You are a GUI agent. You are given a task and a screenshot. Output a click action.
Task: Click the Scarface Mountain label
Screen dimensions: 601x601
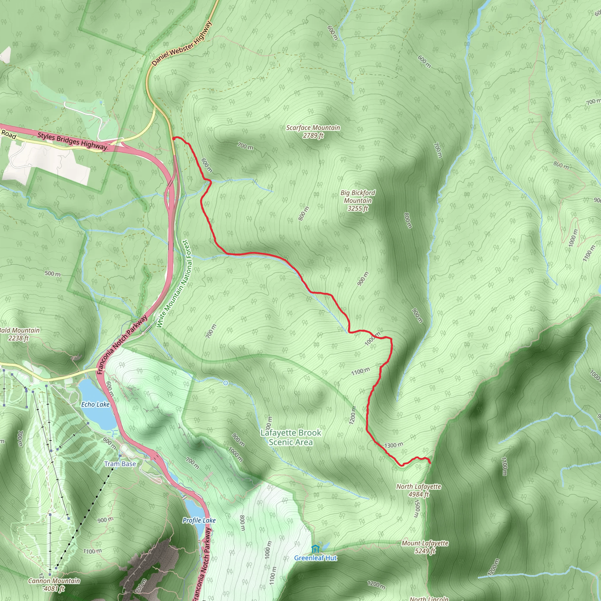(x=313, y=131)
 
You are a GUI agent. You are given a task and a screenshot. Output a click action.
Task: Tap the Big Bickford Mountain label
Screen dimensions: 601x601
(x=358, y=201)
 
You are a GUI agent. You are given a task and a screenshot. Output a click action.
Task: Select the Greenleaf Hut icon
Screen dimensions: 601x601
(x=315, y=549)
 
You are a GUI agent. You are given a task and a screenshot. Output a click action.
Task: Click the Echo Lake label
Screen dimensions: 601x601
(x=95, y=404)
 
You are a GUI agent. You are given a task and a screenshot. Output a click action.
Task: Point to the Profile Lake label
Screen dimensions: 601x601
(x=199, y=520)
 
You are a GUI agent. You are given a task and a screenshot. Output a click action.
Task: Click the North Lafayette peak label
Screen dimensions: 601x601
(x=418, y=490)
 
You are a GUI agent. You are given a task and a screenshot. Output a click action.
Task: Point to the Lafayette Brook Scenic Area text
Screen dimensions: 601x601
(x=291, y=437)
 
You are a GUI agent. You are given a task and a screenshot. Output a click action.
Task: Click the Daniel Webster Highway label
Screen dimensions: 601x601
(x=182, y=43)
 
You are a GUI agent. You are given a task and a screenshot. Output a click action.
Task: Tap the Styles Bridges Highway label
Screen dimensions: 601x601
(x=72, y=141)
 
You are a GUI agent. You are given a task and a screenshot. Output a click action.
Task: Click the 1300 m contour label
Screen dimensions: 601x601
(x=394, y=445)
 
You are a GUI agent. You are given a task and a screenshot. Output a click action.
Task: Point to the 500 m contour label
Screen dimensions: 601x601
(x=53, y=274)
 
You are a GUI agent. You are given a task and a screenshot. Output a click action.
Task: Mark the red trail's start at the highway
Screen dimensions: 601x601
(x=173, y=138)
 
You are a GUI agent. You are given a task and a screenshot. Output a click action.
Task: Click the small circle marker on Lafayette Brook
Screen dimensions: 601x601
(x=226, y=383)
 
